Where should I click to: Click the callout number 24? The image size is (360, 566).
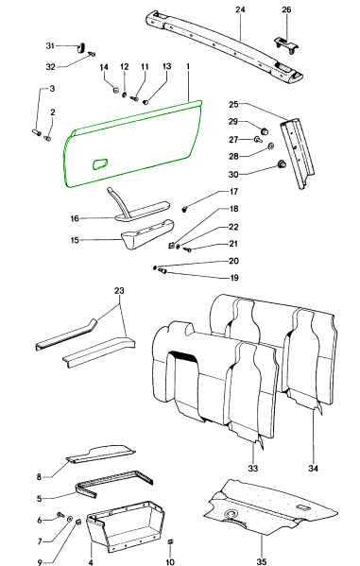240,9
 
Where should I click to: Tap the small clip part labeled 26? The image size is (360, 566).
285,44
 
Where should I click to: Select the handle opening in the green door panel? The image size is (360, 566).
100,163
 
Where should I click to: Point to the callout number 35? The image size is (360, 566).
262,561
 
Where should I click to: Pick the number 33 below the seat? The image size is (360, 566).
253,468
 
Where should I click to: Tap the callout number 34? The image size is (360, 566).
313,468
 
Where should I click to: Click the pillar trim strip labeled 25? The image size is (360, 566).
298,151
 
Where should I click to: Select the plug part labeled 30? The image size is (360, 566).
282,164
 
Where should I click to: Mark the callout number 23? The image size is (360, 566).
119,291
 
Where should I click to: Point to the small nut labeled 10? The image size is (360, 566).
171,541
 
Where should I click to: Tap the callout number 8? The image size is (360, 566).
39,477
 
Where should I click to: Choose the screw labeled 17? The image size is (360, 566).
185,209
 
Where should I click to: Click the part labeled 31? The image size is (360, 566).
82,47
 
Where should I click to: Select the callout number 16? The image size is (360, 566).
75,218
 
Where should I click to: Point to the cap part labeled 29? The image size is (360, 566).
265,130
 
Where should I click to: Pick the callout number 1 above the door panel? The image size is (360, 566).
188,67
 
